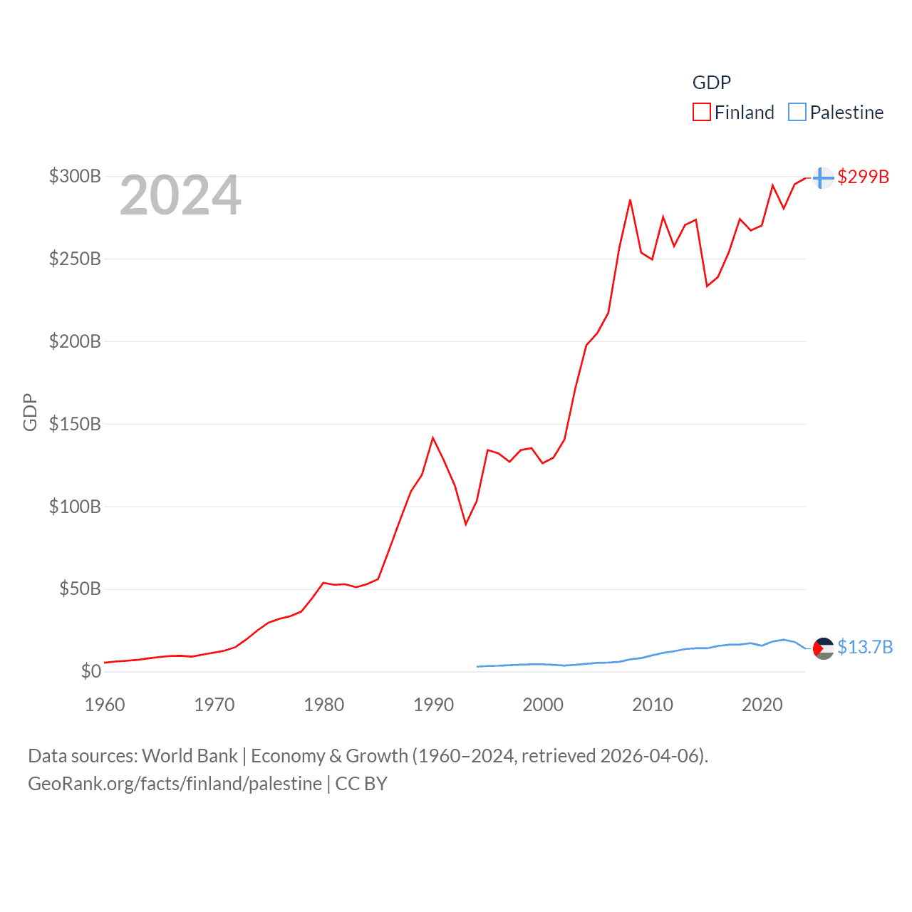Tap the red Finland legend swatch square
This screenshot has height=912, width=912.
702,113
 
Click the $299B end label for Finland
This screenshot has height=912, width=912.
863,177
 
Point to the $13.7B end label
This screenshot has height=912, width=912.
865,647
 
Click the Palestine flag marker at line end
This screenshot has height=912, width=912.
823,648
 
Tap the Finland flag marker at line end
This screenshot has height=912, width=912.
823,177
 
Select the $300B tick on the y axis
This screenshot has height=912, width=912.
75,176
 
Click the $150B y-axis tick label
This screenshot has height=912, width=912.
75,424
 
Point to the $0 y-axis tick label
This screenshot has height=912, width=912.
90,671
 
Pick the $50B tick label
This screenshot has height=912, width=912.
80,589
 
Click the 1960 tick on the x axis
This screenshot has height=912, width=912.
105,705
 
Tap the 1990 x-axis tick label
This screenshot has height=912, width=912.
433,705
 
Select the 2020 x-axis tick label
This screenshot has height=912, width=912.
762,705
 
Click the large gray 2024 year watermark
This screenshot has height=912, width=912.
180,195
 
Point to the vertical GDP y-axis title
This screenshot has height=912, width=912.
30,412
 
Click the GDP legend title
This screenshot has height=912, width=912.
712,83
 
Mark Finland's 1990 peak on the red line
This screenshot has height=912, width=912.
432,437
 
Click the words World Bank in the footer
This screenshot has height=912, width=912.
190,755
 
